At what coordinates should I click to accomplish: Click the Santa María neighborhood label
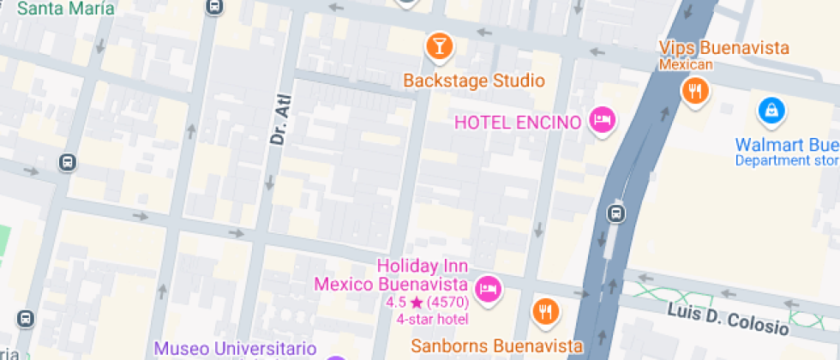click(65, 9)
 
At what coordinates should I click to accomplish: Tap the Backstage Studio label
click(474, 81)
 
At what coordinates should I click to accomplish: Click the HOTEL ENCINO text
click(518, 122)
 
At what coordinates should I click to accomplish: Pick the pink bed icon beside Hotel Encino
click(603, 120)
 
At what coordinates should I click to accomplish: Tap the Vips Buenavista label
click(723, 48)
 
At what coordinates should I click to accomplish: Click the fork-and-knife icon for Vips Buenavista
click(694, 90)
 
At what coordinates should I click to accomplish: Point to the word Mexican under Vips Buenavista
click(685, 65)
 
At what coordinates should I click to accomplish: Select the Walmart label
click(787, 143)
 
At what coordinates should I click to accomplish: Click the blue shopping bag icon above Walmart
click(771, 110)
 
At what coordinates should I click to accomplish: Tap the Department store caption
click(787, 160)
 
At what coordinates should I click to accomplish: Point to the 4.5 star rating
click(427, 303)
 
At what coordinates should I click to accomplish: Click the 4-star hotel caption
click(432, 319)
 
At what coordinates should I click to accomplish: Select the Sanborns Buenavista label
click(490, 346)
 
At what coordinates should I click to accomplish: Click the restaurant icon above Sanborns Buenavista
click(545, 312)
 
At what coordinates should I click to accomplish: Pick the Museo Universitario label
click(235, 350)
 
